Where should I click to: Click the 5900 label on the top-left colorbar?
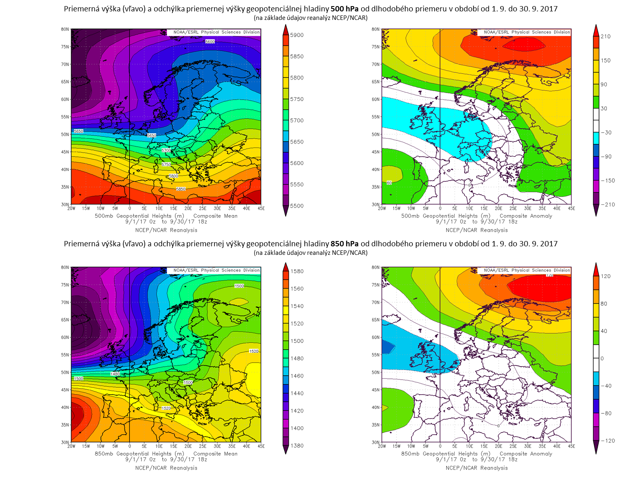pyautogui.click(x=296, y=35)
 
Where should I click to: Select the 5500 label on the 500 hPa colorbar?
pyautogui.click(x=296, y=206)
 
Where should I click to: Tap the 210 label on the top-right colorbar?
pyautogui.click(x=605, y=37)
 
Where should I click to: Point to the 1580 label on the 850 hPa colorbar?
pyautogui.click(x=297, y=272)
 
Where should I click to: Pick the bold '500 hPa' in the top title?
pyautogui.click(x=344, y=9)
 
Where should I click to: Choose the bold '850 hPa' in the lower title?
pyautogui.click(x=344, y=244)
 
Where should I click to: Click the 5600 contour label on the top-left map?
pyautogui.click(x=210, y=42)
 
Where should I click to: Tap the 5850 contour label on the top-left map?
pyautogui.click(x=181, y=189)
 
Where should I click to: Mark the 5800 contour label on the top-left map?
pyautogui.click(x=173, y=176)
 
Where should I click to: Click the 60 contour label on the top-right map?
pyautogui.click(x=389, y=183)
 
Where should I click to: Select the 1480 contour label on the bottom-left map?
pyautogui.click(x=115, y=374)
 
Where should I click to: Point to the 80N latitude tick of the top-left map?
pyautogui.click(x=65, y=29)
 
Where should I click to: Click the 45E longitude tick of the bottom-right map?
pyautogui.click(x=571, y=446)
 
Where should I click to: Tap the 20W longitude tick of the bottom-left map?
pyautogui.click(x=71, y=446)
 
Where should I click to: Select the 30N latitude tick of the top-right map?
pyautogui.click(x=375, y=204)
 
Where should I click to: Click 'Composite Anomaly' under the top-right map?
pyautogui.click(x=526, y=216)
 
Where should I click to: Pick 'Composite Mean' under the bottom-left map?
pyautogui.click(x=215, y=454)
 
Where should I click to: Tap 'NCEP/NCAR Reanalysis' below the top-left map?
pyautogui.click(x=166, y=230)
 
